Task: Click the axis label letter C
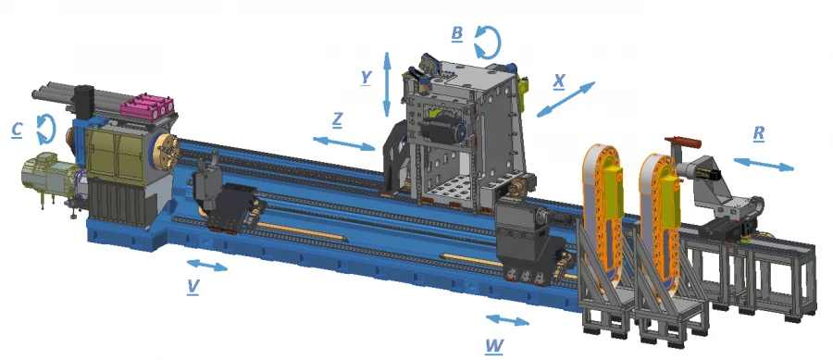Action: pyautogui.click(x=18, y=130)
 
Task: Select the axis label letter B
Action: pyautogui.click(x=457, y=33)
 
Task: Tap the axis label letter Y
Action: pyautogui.click(x=366, y=77)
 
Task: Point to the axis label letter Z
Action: pyautogui.click(x=337, y=120)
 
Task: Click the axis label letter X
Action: pyautogui.click(x=559, y=81)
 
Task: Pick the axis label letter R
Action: pyautogui.click(x=759, y=133)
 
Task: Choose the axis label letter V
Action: pyautogui.click(x=193, y=286)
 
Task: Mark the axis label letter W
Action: pyautogui.click(x=494, y=346)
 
